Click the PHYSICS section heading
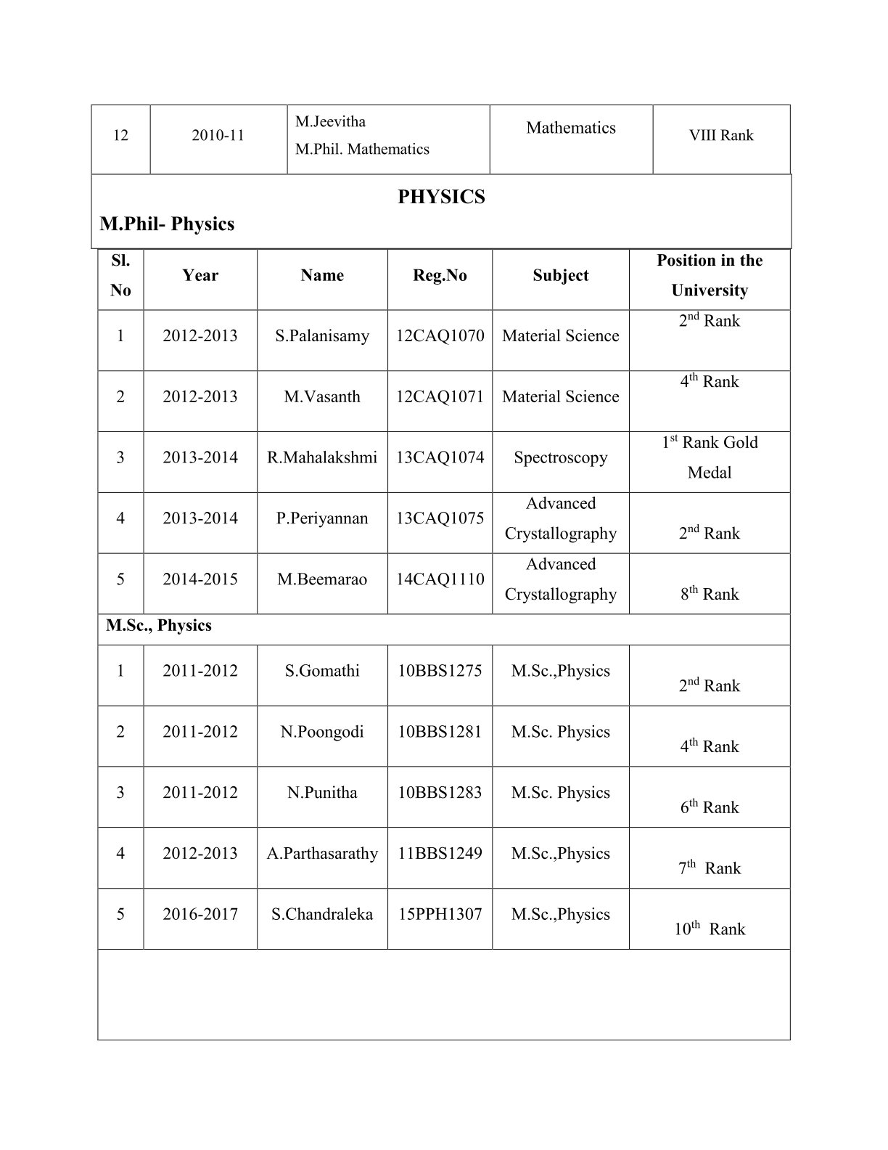(441, 197)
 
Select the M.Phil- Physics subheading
(167, 224)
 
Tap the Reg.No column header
(440, 275)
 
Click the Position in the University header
(709, 275)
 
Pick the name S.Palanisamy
(322, 336)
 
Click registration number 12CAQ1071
(440, 397)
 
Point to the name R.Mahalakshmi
(322, 457)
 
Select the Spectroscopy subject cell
(560, 457)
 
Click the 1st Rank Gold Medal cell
(709, 457)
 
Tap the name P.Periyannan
(322, 518)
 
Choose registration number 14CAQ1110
(440, 579)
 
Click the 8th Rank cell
(709, 594)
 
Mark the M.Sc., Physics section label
(159, 626)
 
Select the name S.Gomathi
(322, 671)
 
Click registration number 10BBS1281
(440, 732)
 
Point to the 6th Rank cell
(709, 807)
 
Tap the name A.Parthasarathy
(322, 854)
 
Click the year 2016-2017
(200, 914)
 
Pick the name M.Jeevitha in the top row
(330, 121)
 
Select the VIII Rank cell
(721, 136)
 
